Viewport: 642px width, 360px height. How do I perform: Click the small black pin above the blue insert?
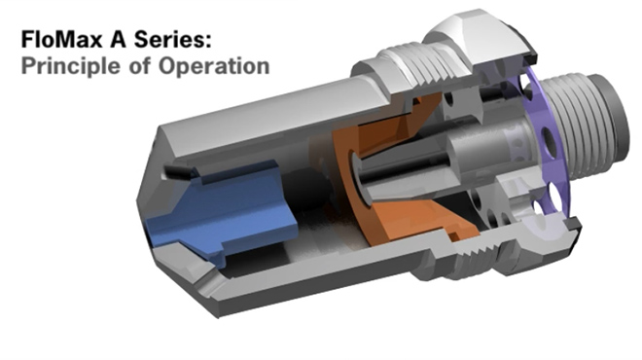coord(175,172)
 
